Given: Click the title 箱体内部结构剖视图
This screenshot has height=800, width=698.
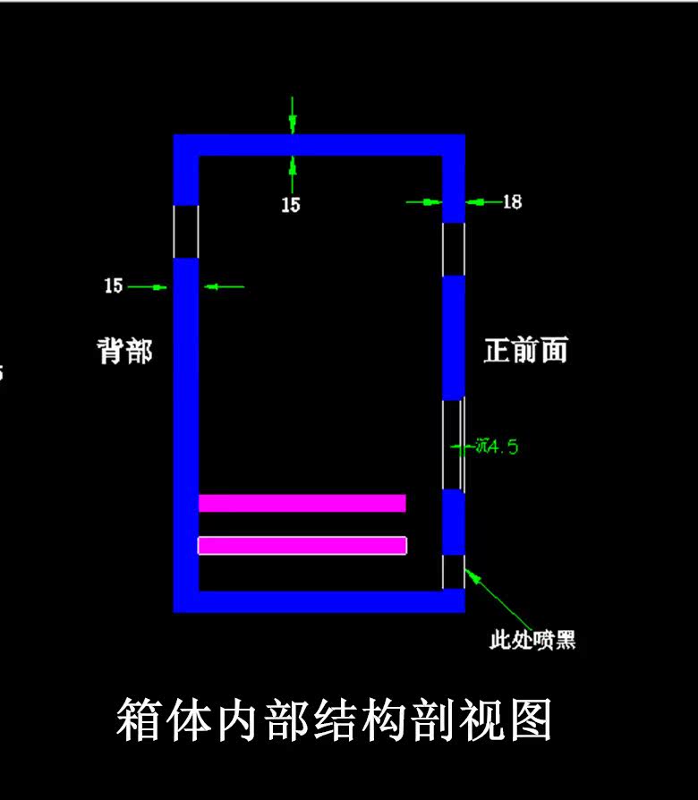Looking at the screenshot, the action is [x=334, y=720].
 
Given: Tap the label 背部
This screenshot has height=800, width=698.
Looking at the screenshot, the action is [x=124, y=351].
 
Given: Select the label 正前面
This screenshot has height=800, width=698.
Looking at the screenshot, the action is [x=525, y=350].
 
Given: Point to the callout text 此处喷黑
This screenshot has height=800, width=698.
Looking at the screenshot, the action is [x=532, y=640].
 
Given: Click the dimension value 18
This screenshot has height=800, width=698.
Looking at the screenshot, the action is [x=512, y=202].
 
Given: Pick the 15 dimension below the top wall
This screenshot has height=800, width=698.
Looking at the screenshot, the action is [x=291, y=205].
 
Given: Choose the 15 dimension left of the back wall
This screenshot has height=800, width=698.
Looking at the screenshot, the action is [x=114, y=286].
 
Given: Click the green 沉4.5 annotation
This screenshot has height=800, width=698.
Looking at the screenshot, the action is [x=498, y=446].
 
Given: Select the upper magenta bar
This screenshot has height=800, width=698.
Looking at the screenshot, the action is [x=302, y=503].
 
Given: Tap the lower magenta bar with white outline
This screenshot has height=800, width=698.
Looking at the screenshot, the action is [x=302, y=545].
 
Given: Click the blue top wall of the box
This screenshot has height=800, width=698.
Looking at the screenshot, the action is [x=319, y=145].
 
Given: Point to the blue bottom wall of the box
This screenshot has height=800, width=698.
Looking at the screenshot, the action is [x=319, y=601].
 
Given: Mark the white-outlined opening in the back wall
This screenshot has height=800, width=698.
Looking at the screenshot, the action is [x=185, y=231].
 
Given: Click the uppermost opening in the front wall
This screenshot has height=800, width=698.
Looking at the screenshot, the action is [x=454, y=249].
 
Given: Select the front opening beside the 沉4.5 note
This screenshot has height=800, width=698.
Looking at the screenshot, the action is [x=454, y=444].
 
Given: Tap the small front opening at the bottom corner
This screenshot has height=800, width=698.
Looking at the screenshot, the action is [x=454, y=572].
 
